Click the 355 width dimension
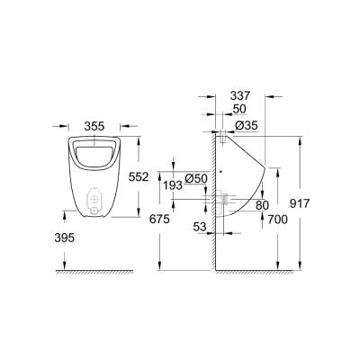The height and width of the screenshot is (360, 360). [94, 127]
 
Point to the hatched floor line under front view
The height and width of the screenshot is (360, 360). [94, 270]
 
